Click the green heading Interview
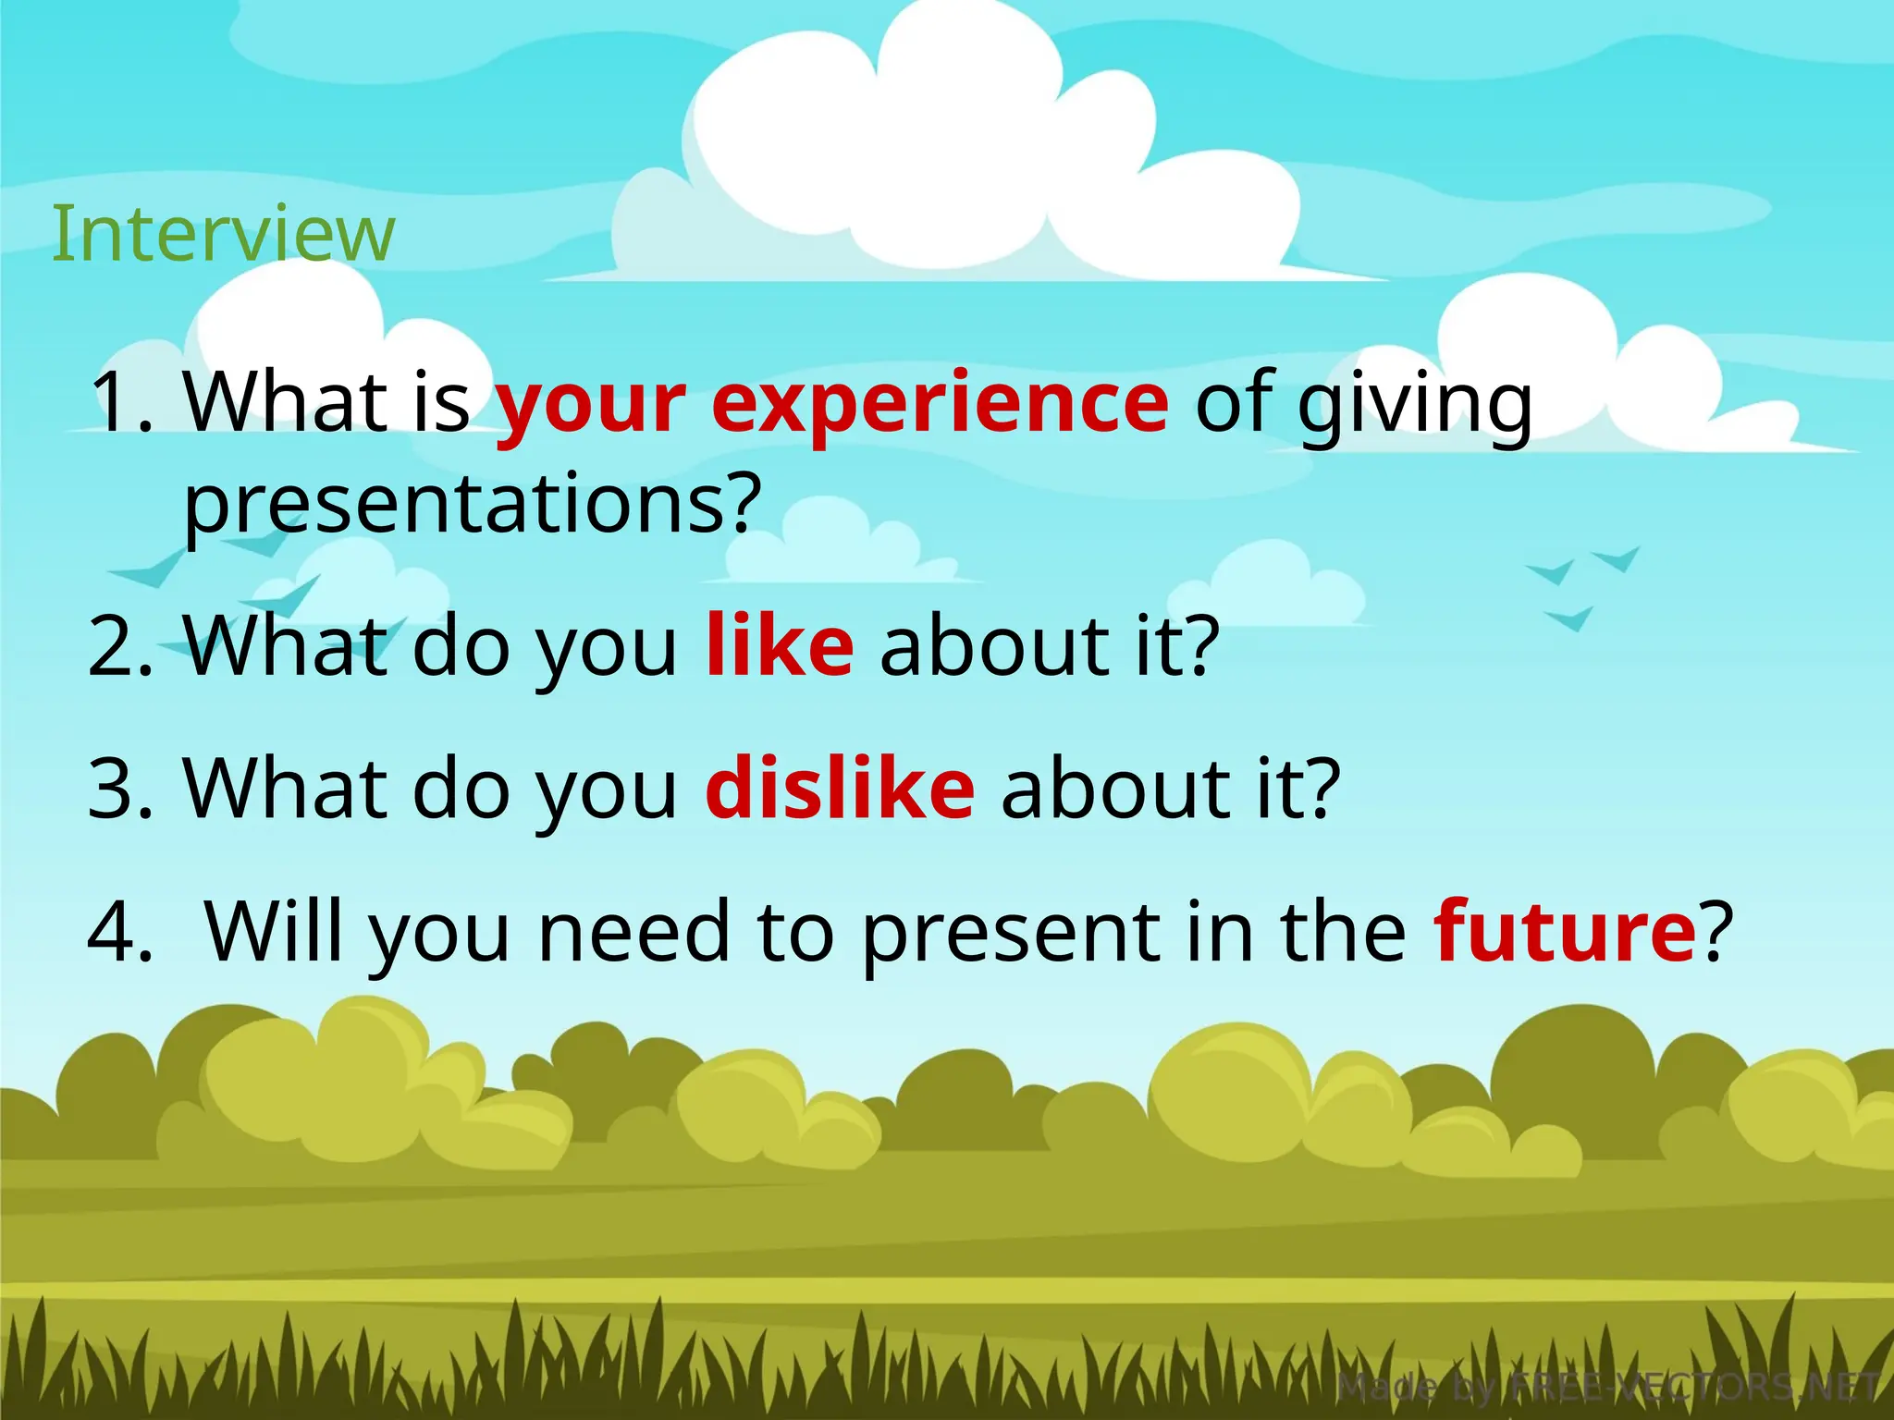[x=223, y=234]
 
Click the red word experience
[x=940, y=403]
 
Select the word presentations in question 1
[x=472, y=505]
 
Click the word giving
[x=1414, y=405]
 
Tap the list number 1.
[x=120, y=403]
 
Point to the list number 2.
[x=120, y=646]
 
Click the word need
[x=633, y=932]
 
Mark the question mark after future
[x=1716, y=931]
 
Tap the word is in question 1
[x=441, y=403]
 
